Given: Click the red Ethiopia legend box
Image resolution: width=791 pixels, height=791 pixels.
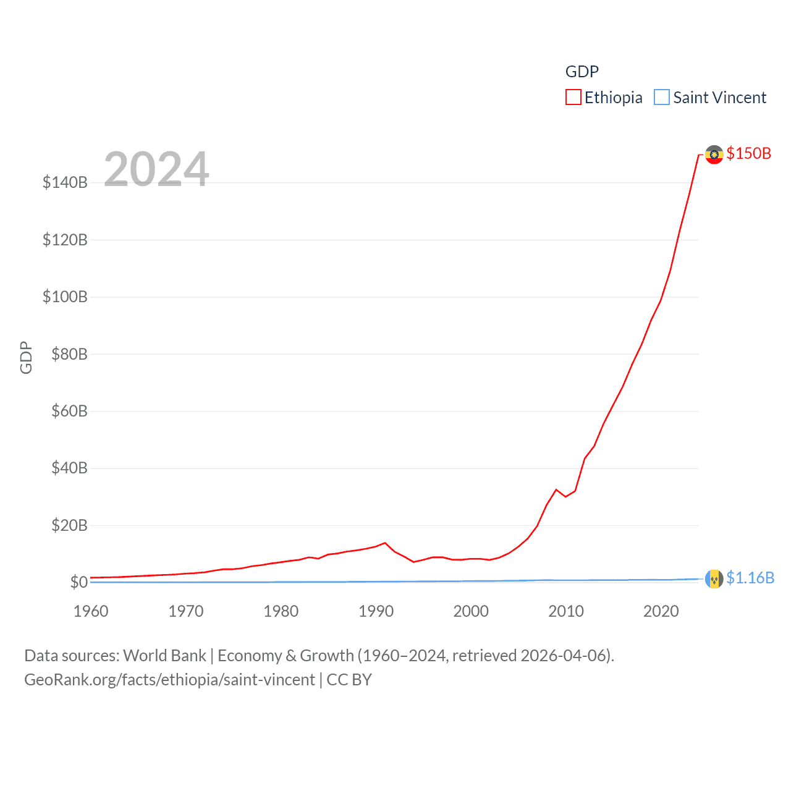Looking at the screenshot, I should pos(573,98).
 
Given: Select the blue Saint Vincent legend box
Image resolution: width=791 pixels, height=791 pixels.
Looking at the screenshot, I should pos(661,98).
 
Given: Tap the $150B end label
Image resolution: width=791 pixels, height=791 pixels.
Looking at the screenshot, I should pos(748,153).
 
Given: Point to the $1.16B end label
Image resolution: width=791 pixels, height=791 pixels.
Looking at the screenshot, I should pos(750,578).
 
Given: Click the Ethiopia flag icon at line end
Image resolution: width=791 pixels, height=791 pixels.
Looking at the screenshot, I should pos(714,154).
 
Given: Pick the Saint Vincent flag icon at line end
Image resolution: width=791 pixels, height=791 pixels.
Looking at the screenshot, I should pos(714,578).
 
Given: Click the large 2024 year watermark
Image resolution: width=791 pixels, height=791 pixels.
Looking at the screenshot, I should pos(156,169).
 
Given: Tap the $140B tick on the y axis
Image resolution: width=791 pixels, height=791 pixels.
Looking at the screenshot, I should pos(65,182).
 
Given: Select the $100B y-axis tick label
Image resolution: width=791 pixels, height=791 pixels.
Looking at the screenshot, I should pos(65,297).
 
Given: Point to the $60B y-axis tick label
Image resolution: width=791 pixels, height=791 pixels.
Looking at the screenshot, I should pos(69,411).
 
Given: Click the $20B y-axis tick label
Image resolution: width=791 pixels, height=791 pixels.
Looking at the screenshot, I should pos(69,525).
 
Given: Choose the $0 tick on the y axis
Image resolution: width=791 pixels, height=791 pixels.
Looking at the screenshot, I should pos(78,582).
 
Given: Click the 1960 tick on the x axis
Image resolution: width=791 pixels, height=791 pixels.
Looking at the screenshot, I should pos(91,611).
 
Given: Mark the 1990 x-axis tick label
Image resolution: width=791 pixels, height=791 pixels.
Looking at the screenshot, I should pos(376,611).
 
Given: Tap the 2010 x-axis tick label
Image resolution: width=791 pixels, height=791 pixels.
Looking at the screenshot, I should pos(566,611).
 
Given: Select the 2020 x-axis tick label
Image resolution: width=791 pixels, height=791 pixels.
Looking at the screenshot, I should pos(661,611).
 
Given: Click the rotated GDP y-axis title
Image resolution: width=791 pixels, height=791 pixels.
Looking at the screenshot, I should pos(26,357).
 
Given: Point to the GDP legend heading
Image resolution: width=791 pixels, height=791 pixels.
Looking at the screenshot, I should pos(582,72).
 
